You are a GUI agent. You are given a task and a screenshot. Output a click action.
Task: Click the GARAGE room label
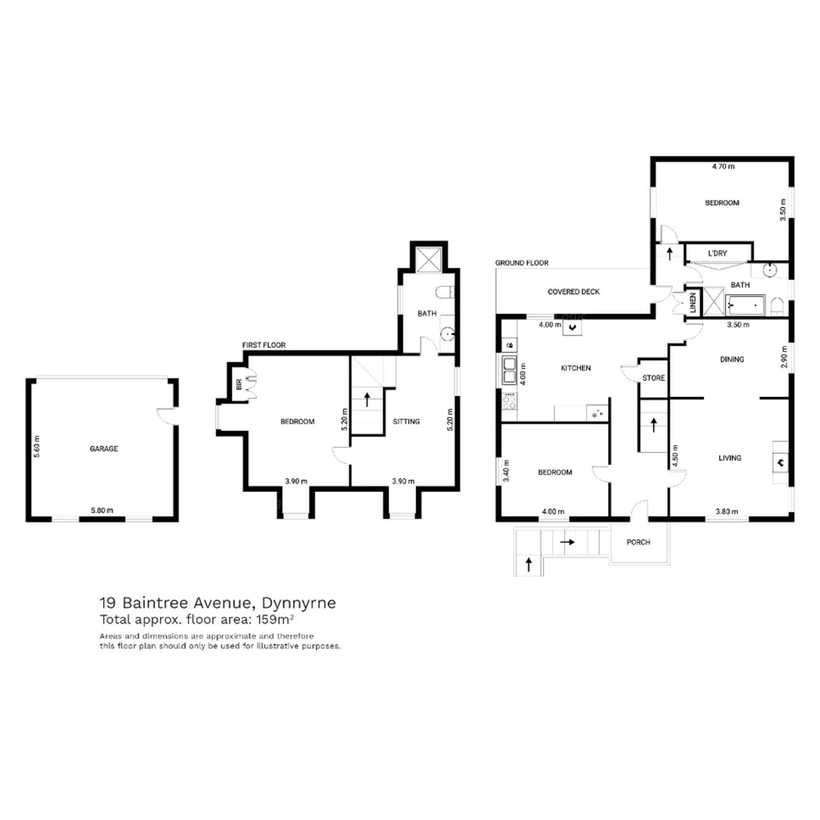104,449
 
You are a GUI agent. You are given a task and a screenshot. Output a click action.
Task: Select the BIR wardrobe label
239,385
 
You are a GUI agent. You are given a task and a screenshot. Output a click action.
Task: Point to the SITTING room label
406,421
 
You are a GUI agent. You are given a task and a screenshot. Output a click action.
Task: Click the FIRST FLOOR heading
264,345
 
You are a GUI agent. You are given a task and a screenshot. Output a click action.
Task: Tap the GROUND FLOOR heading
522,263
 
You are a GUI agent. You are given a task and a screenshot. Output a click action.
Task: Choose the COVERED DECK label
574,292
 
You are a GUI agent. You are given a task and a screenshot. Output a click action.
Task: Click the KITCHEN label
576,368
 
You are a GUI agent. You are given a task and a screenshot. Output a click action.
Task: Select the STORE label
653,377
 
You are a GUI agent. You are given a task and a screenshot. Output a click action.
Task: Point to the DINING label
732,359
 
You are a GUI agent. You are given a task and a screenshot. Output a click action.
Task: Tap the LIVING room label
730,458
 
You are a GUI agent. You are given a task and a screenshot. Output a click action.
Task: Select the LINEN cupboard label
692,304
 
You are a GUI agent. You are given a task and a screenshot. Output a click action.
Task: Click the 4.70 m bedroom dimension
723,166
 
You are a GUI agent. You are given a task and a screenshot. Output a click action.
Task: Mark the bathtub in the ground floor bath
747,306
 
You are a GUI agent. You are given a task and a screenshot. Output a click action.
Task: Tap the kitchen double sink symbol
507,370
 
